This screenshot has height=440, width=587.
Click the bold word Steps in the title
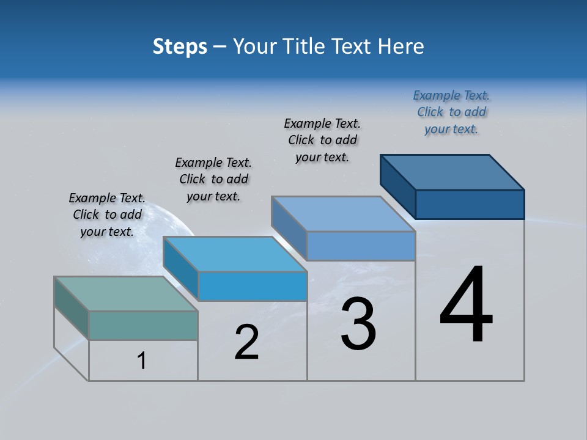pyautogui.click(x=180, y=46)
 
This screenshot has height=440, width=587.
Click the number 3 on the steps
pyautogui.click(x=358, y=324)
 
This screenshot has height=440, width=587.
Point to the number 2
pyautogui.click(x=247, y=343)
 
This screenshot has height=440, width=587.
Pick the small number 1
pyautogui.click(x=142, y=361)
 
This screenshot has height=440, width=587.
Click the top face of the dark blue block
pyautogui.click(x=452, y=172)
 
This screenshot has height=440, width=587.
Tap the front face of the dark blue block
pyautogui.click(x=470, y=204)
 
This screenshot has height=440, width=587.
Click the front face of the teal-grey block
pyautogui.click(x=143, y=325)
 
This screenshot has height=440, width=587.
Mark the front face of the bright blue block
pyautogui.click(x=253, y=286)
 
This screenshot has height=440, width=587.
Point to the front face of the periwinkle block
pyautogui.click(x=361, y=246)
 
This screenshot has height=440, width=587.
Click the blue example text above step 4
pyautogui.click(x=451, y=112)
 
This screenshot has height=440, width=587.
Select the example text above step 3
pyautogui.click(x=322, y=140)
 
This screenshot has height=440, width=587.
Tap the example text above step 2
pyautogui.click(x=213, y=179)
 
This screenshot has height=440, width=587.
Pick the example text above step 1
pyautogui.click(x=107, y=215)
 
